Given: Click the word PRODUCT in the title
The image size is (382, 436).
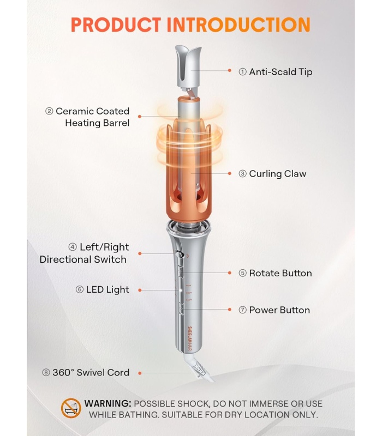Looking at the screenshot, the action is pyautogui.click(x=116, y=25).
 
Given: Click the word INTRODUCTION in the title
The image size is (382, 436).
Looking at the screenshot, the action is pyautogui.click(x=238, y=25).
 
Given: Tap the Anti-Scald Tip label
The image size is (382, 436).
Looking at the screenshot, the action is pyautogui.click(x=280, y=72).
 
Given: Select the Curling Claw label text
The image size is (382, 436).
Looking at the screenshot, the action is pyautogui.click(x=278, y=173).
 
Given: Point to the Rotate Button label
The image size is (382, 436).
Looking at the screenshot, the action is pyautogui.click(x=280, y=273).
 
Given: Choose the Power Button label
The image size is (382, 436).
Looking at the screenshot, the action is pyautogui.click(x=279, y=310).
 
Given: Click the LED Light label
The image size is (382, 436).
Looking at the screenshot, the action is pyautogui.click(x=108, y=290).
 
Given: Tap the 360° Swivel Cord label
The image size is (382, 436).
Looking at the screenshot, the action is pyautogui.click(x=91, y=372).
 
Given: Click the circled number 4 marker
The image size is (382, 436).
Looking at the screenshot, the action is pyautogui.click(x=73, y=247).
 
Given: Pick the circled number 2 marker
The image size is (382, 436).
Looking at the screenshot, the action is pyautogui.click(x=49, y=111).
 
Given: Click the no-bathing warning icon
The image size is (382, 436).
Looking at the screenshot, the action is pyautogui.click(x=71, y=408).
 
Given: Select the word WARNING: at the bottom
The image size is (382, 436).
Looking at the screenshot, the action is pyautogui.click(x=108, y=403).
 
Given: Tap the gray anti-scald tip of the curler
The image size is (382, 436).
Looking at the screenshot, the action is pyautogui.click(x=188, y=68).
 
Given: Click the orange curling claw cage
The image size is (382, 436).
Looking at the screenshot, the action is pyautogui.click(x=189, y=172).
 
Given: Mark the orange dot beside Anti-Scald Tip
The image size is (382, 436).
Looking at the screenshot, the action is pyautogui.click(x=230, y=71).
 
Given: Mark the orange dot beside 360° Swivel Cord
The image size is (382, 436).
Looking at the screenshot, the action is pyautogui.click(x=140, y=373).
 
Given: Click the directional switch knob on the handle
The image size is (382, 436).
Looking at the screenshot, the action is pyautogui.click(x=179, y=254).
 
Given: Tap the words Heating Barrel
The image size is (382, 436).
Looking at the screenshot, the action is pyautogui.click(x=97, y=123).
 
